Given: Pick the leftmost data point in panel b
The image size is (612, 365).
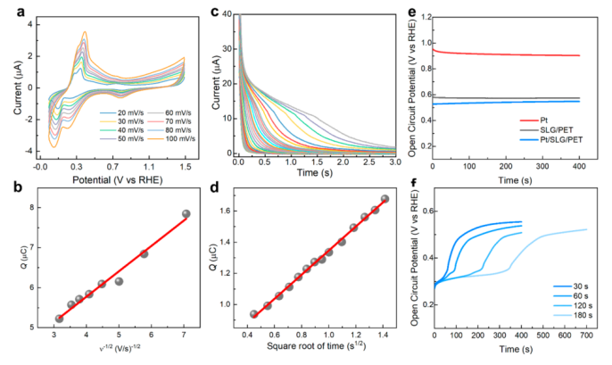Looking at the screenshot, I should click(59, 319).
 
